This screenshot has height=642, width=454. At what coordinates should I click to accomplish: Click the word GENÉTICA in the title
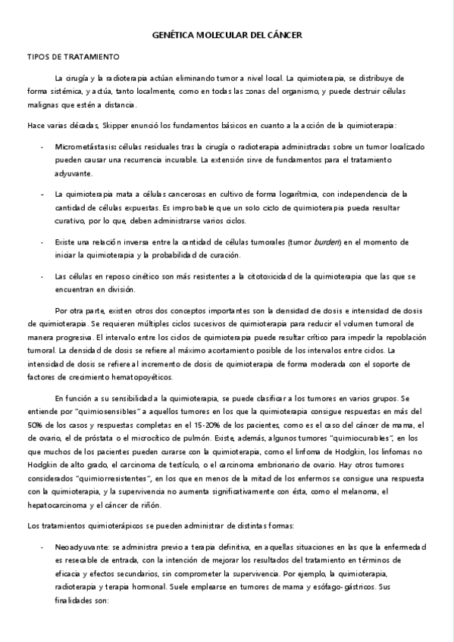[x=173, y=35]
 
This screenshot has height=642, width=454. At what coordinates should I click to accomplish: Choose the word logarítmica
[x=268, y=194]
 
